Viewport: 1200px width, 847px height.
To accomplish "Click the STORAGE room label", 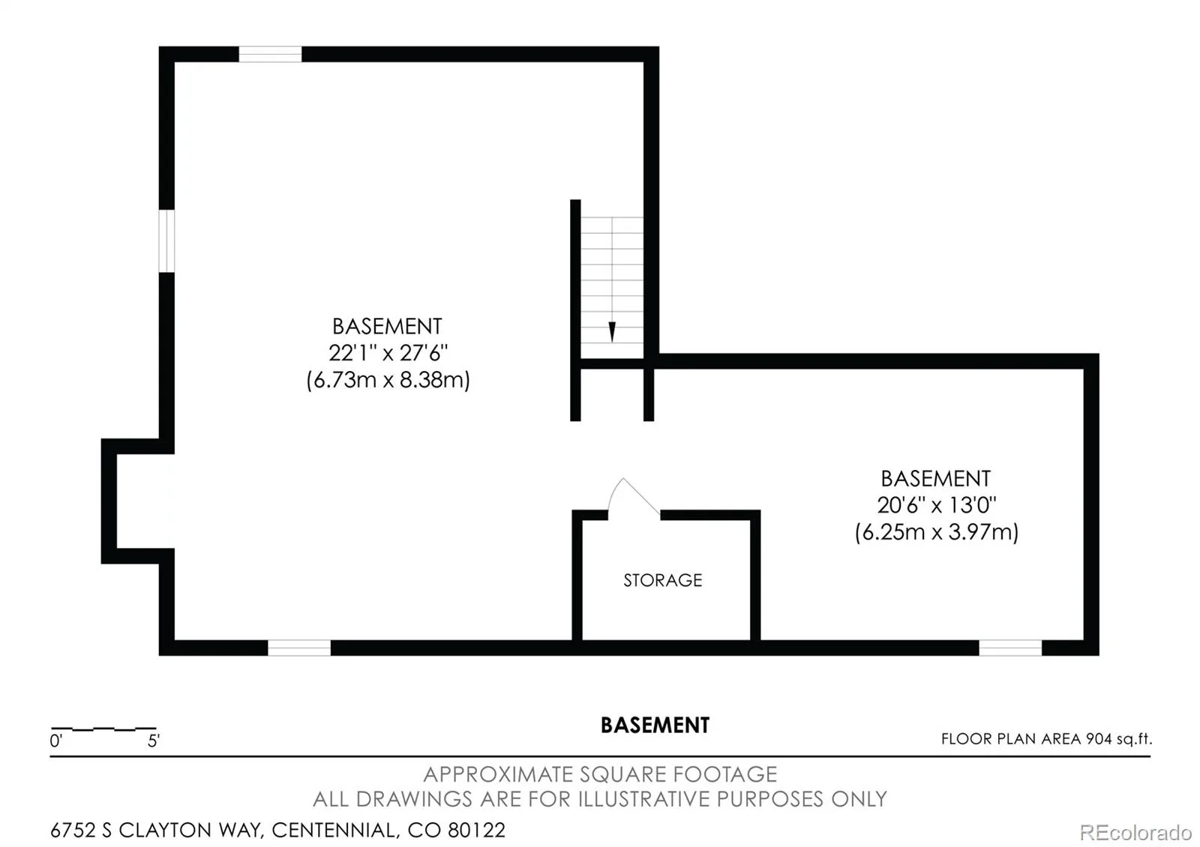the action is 663,580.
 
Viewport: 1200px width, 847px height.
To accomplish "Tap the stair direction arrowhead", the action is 612,332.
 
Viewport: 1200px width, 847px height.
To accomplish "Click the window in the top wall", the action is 270,54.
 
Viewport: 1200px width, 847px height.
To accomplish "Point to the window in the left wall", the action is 166,241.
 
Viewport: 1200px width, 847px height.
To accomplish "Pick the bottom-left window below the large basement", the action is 299,648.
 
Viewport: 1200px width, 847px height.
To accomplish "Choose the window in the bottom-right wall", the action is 1010,648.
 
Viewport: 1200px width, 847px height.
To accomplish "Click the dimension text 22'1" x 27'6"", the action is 388,353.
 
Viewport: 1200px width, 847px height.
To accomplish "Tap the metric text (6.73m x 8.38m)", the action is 388,380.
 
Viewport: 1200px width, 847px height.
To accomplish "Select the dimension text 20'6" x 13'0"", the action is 937,505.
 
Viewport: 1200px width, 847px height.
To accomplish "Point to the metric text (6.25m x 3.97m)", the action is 937,532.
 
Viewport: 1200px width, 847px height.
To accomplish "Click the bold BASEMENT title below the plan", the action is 655,726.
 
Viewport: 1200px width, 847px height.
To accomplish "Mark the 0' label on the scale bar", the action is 55,741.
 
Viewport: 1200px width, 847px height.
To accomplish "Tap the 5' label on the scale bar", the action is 154,741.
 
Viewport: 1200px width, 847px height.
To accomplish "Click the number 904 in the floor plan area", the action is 1099,739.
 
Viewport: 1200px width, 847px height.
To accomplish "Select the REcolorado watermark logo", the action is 1135,833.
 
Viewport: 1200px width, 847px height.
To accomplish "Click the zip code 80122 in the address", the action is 476,831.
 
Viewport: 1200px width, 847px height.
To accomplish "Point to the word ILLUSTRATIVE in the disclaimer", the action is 646,799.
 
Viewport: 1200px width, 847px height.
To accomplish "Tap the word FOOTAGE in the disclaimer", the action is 724,774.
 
